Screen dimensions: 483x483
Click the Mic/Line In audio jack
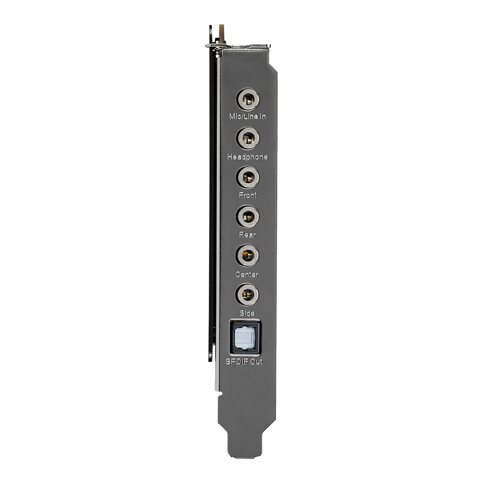click(x=247, y=99)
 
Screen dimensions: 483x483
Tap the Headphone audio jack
click(x=247, y=139)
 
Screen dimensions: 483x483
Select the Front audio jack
click(x=247, y=177)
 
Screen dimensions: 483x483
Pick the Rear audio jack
click(x=247, y=216)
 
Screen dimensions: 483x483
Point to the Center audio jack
click(x=247, y=256)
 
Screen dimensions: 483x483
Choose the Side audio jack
click(x=247, y=294)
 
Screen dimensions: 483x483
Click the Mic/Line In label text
click(x=247, y=117)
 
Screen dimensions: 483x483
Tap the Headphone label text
click(x=247, y=156)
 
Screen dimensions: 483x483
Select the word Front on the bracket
click(x=247, y=195)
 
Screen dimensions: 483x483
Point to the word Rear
click(x=247, y=235)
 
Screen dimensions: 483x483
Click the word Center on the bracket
click(x=247, y=274)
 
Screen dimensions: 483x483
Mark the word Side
click(x=247, y=313)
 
